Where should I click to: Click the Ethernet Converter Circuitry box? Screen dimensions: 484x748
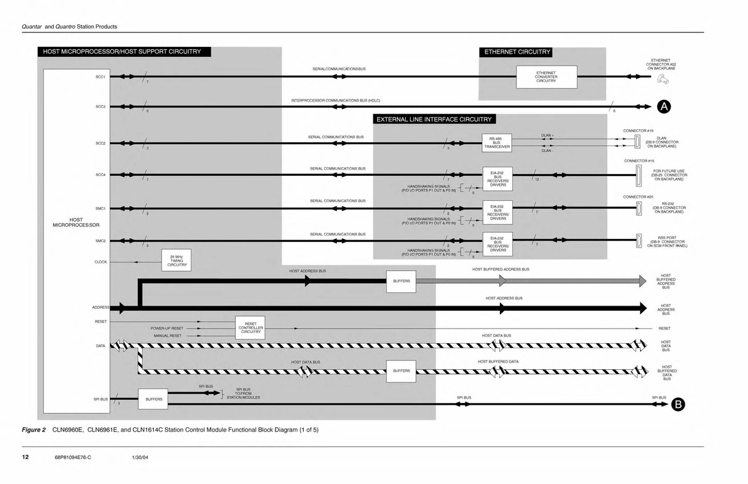click(x=546, y=77)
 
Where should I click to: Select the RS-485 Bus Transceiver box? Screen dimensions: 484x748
click(x=497, y=143)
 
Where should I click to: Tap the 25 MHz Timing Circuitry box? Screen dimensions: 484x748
click(x=176, y=261)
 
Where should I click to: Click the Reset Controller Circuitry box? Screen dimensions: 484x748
click(x=251, y=327)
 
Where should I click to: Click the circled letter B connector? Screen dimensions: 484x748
click(x=679, y=405)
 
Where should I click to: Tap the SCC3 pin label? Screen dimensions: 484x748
click(x=100, y=107)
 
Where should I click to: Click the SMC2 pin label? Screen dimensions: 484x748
click(x=100, y=241)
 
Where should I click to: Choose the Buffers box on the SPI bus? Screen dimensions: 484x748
click(x=154, y=399)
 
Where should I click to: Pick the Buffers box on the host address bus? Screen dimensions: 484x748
click(x=401, y=281)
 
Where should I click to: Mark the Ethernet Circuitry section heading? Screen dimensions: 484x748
click(x=517, y=52)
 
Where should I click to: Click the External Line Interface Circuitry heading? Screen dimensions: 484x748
click(x=433, y=119)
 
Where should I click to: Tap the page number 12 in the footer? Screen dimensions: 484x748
click(x=26, y=457)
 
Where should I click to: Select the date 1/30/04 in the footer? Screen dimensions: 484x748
click(x=140, y=458)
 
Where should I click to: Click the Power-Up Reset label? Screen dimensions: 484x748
click(x=167, y=327)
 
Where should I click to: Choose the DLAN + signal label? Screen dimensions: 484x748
click(x=548, y=135)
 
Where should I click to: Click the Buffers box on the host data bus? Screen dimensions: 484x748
click(x=401, y=370)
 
